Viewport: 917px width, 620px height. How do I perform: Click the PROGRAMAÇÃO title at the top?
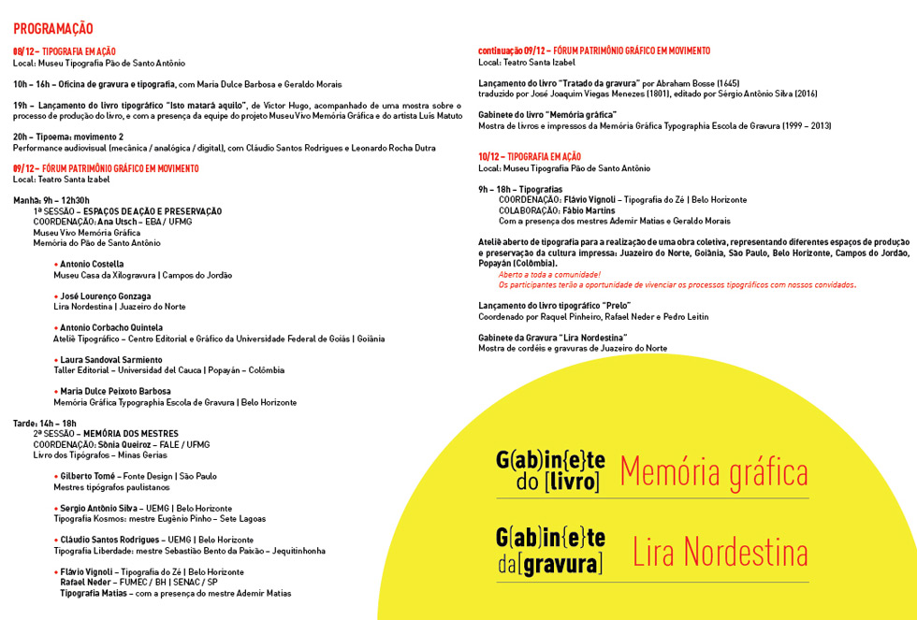click(53, 29)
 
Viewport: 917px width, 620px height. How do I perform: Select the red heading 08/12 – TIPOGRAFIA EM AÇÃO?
click(65, 51)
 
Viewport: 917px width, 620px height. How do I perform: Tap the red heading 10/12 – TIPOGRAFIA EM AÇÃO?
click(530, 156)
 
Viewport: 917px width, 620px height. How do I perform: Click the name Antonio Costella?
click(92, 265)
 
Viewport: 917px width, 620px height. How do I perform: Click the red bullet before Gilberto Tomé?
click(56, 476)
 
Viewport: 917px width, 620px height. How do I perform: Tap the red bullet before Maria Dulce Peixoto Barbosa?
click(56, 392)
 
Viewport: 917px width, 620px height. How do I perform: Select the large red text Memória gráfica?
click(713, 471)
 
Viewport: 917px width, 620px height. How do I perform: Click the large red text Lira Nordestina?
click(720, 552)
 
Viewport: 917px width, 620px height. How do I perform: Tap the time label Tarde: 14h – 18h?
click(45, 424)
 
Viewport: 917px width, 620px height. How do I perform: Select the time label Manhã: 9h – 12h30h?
click(51, 200)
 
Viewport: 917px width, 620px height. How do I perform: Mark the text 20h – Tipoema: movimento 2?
click(68, 137)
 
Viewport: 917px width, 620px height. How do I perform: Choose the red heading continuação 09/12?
click(593, 51)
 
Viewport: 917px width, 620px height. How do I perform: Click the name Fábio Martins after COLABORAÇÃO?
click(589, 210)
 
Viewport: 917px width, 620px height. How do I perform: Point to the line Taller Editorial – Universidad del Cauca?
click(168, 370)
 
